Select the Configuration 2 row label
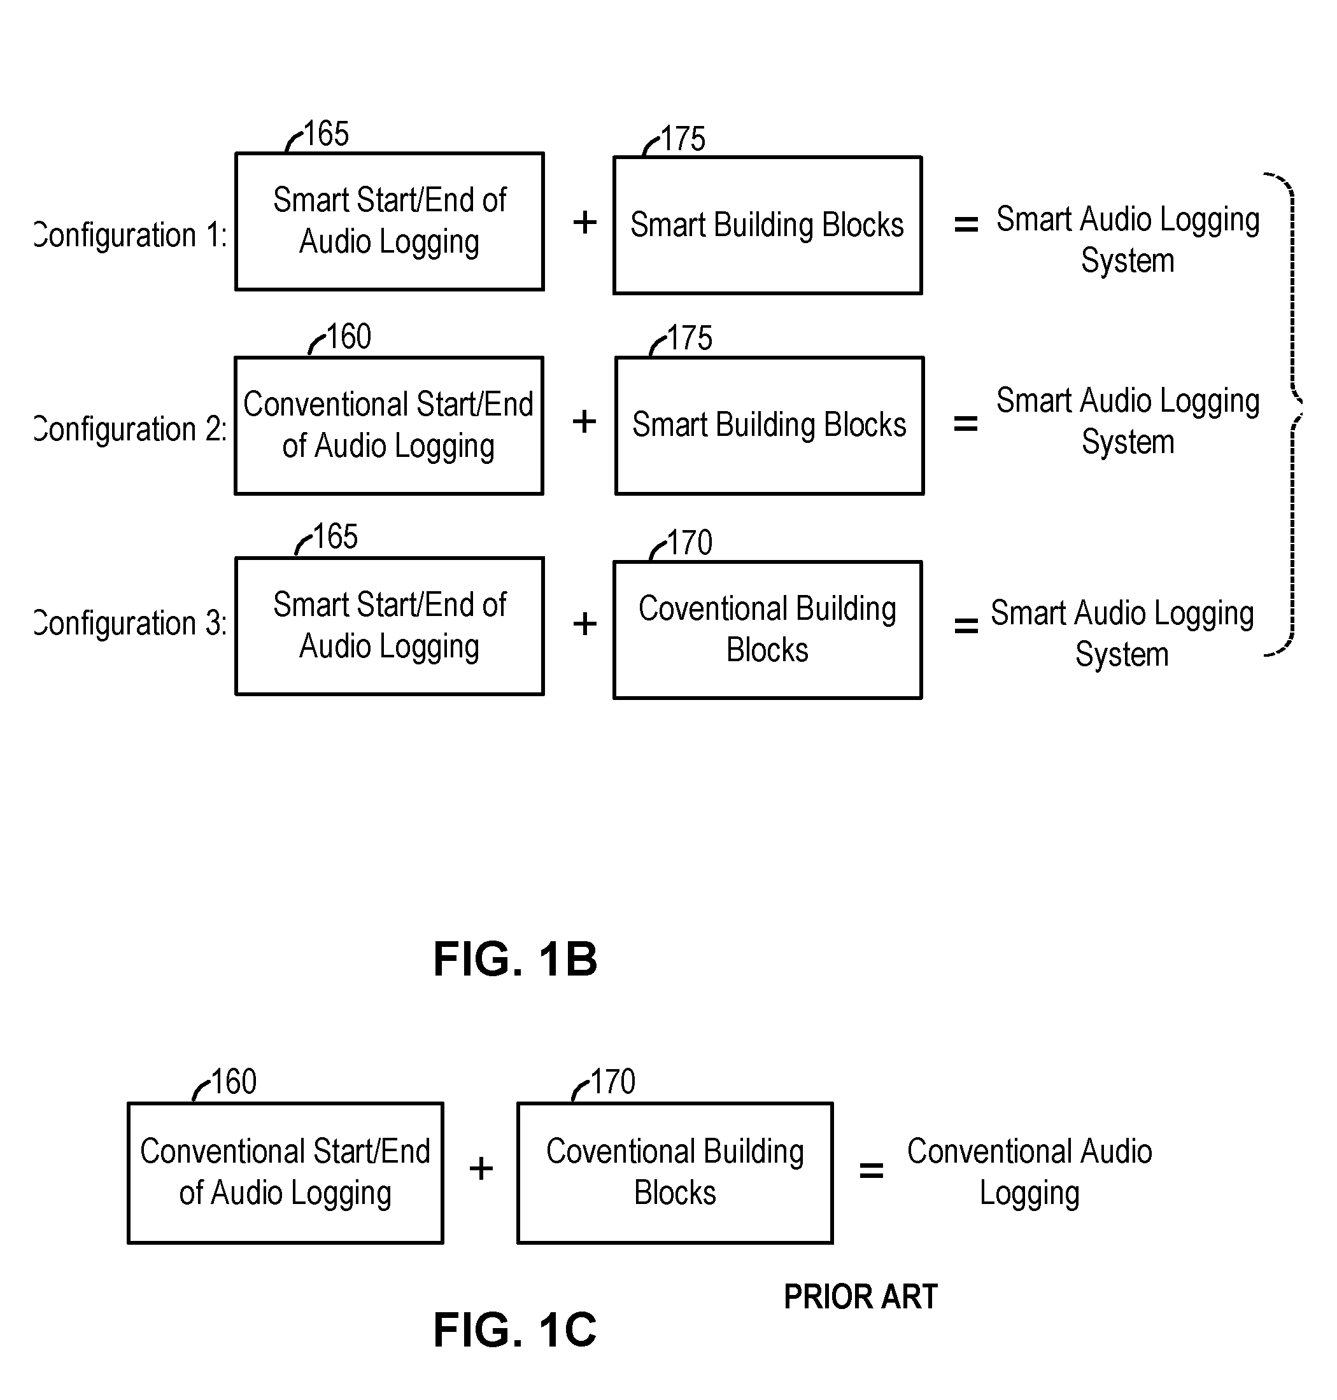(x=131, y=430)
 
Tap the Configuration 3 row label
(x=131, y=624)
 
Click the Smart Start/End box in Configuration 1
(x=390, y=221)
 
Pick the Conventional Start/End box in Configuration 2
(x=389, y=425)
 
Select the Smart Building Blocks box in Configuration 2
(x=770, y=425)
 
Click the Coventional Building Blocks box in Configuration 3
(x=768, y=630)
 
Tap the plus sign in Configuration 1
(x=584, y=222)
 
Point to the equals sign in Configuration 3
(x=966, y=626)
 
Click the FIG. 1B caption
(x=515, y=959)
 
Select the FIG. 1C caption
(x=514, y=1330)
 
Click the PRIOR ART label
(x=860, y=1297)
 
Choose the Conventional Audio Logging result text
(x=1029, y=1172)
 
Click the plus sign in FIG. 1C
(x=481, y=1168)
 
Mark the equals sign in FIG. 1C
(x=871, y=1170)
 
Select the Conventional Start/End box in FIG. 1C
(x=285, y=1173)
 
